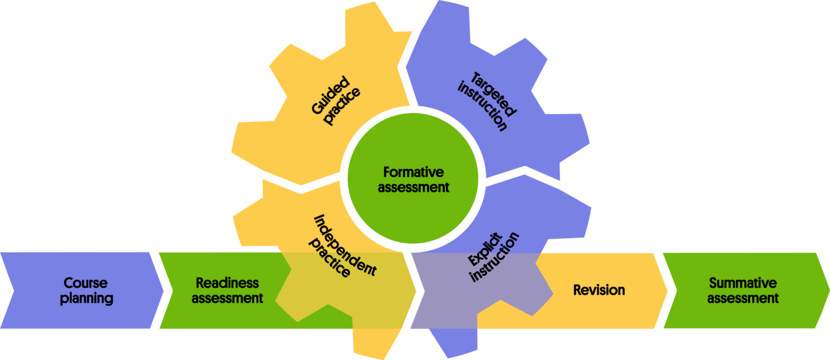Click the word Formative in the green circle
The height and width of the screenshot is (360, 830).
[413, 172]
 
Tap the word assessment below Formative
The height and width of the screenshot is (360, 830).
[413, 188]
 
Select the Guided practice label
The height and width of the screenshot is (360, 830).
[336, 102]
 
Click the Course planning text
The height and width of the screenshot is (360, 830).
[86, 290]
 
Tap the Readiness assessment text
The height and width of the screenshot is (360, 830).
[227, 290]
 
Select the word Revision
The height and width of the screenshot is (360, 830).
[599, 290]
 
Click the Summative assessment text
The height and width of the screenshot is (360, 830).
[742, 290]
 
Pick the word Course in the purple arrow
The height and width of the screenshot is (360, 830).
[86, 283]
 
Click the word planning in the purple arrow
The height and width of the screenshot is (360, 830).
[86, 298]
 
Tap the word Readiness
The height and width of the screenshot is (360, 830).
[227, 283]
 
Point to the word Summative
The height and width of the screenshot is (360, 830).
[742, 283]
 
